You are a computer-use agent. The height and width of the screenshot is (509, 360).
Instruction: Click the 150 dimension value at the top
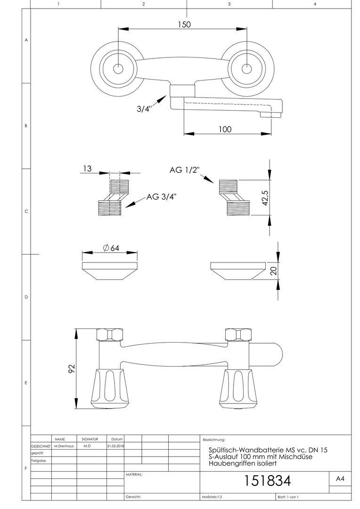click(184, 25)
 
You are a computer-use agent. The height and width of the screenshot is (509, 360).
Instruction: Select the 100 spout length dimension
click(225, 129)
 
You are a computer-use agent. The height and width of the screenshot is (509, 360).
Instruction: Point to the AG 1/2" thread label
click(184, 170)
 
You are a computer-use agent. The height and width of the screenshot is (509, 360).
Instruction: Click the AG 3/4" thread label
click(161, 197)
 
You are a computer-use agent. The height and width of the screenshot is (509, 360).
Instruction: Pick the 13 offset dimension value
click(87, 168)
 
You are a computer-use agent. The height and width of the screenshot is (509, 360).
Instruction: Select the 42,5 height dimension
click(265, 197)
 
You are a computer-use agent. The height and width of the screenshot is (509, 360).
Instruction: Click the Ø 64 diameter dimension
click(111, 248)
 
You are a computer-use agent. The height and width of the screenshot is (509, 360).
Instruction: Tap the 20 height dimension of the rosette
click(274, 271)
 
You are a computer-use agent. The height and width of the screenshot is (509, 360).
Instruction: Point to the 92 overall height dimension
click(72, 369)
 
